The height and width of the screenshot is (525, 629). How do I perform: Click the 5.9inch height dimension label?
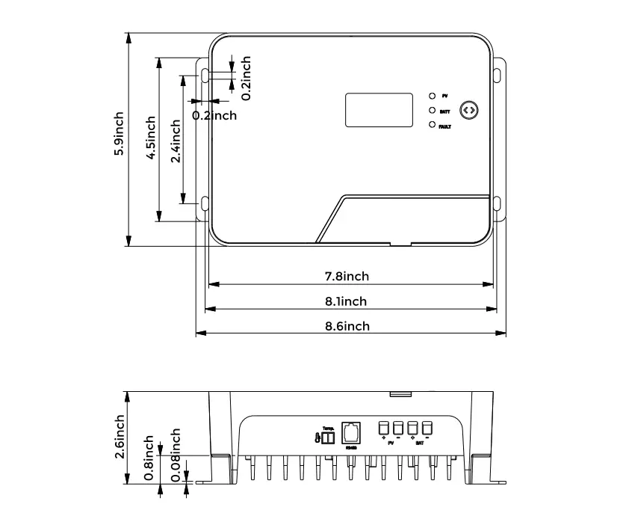tap(119, 135)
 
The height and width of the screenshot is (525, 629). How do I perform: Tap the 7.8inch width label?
tap(347, 276)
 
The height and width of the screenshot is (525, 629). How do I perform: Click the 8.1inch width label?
tap(346, 301)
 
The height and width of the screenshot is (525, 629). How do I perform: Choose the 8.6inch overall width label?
tap(347, 326)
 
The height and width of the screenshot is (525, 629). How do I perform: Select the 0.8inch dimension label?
tap(150, 458)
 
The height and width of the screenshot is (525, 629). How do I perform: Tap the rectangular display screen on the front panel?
tap(379, 109)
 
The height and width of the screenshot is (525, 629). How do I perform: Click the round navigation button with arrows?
tap(468, 110)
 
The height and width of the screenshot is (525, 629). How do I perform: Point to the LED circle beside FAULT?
tap(432, 125)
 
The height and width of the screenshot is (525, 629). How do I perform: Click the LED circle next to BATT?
tap(432, 111)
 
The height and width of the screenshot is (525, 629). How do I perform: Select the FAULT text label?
tap(445, 126)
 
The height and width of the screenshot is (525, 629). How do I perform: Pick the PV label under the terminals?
tap(391, 443)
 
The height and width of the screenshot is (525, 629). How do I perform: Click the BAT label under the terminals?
tap(420, 443)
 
